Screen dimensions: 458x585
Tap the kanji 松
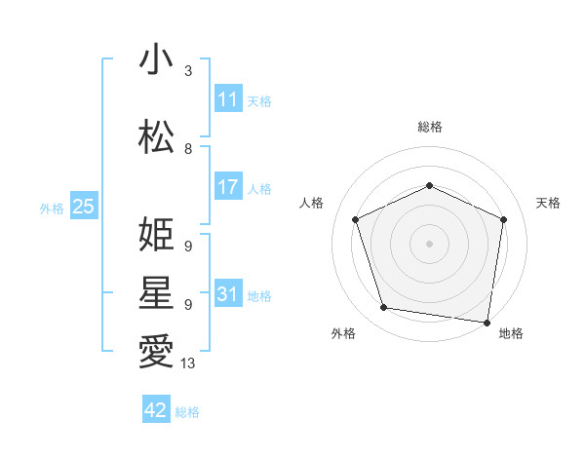[x=156, y=137]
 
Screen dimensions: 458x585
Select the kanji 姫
[x=156, y=235]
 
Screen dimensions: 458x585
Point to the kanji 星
[x=156, y=293]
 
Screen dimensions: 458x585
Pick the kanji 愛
[x=156, y=352]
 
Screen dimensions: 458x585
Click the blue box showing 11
[x=228, y=99]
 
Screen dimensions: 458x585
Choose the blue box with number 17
[x=228, y=187]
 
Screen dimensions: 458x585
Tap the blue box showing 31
[x=228, y=294]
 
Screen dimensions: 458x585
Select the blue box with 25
[x=83, y=207]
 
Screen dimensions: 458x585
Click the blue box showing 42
[x=156, y=410]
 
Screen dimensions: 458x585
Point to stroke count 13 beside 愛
[x=188, y=363]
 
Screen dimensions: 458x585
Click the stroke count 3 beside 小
[x=188, y=71]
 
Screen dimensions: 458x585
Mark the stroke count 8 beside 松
[x=188, y=149]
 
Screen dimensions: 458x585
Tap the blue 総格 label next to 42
[x=187, y=412]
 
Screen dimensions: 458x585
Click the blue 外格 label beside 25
[x=52, y=209]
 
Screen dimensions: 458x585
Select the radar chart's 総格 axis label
[x=429, y=128]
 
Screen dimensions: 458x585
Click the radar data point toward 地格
[x=487, y=322]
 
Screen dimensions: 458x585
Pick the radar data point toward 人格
[x=356, y=219]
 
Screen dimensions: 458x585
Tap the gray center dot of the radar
[x=429, y=243]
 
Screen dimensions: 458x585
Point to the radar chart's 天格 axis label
[x=548, y=203]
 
